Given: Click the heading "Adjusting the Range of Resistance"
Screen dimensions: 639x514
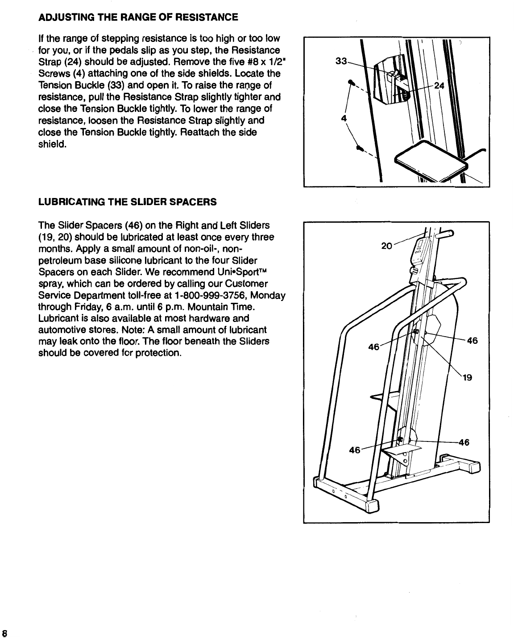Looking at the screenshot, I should click(x=139, y=17).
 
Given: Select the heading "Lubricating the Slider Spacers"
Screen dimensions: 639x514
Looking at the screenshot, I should click(x=128, y=202).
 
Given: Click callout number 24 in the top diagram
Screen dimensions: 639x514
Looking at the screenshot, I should click(x=439, y=87).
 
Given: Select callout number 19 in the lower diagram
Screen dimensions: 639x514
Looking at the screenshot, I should click(x=467, y=378).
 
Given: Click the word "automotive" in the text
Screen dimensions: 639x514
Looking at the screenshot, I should click(x=60, y=330).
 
